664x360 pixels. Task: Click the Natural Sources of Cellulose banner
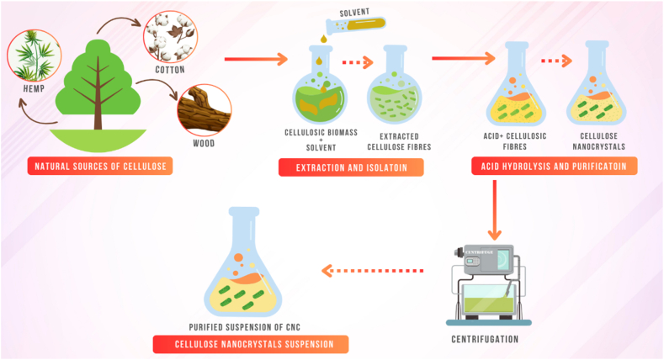99,167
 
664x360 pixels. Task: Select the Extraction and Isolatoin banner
351,167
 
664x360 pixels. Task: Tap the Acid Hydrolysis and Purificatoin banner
555,167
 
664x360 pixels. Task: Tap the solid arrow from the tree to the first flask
257,59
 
